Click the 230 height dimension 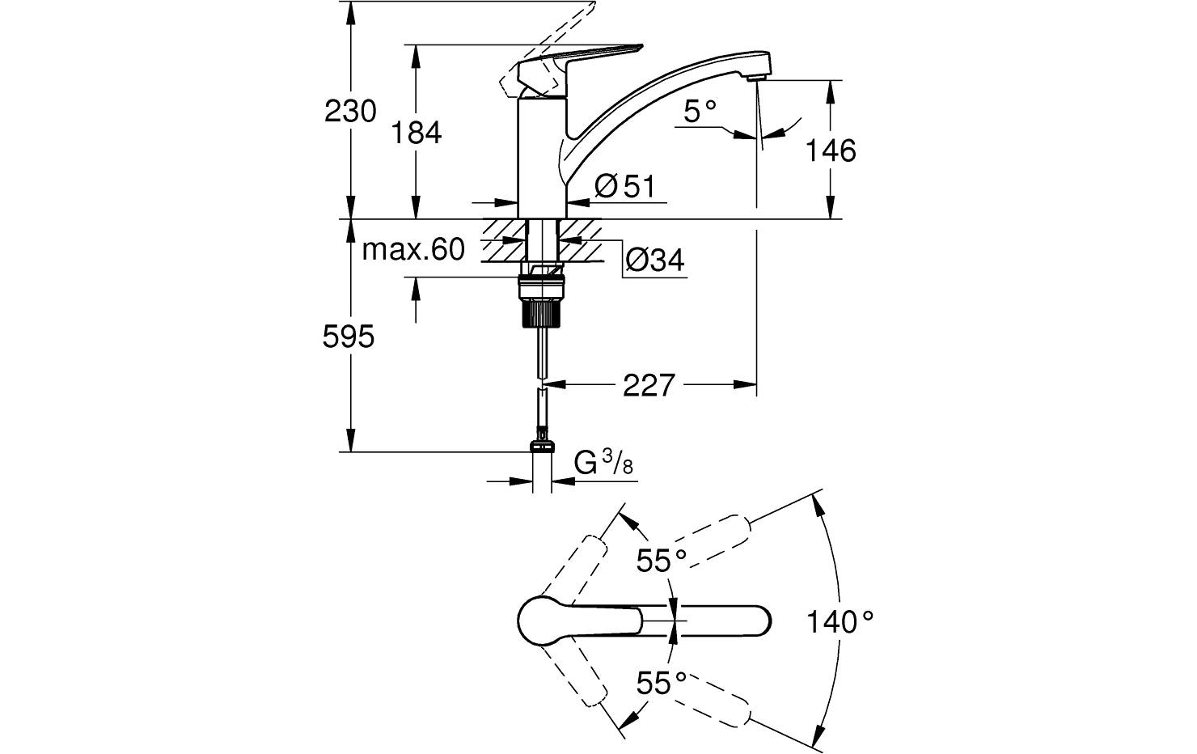pos(350,111)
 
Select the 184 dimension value pos(417,132)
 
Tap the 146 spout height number pos(831,150)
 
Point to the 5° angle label pos(700,111)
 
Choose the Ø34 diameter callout pos(654,260)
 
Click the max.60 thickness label pos(412,250)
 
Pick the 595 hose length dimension pos(349,336)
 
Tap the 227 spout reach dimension pos(648,385)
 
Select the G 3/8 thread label pos(603,464)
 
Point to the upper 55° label pos(660,560)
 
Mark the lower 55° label pos(660,684)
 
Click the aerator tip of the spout pos(756,78)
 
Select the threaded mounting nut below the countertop pos(540,299)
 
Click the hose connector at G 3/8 pos(543,446)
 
